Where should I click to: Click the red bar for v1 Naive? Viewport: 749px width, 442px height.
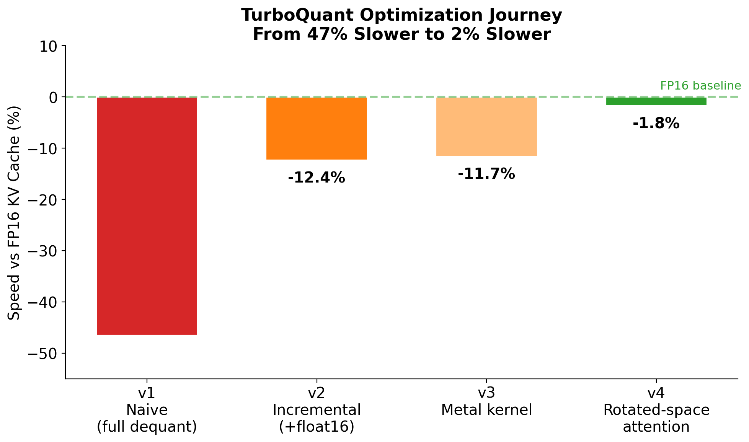pos(147,216)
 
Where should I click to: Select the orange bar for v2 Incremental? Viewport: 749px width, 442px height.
pos(317,129)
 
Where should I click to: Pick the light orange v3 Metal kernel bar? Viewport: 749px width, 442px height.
pos(486,127)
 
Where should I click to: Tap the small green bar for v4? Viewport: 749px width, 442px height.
pos(656,101)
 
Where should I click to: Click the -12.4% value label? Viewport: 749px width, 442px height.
pos(317,178)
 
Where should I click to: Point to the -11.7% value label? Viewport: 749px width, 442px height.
pos(486,174)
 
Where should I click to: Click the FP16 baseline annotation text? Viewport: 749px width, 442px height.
pos(700,86)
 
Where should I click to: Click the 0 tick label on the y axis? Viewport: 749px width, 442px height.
pos(54,97)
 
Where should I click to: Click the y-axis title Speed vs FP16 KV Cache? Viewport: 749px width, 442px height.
pos(14,213)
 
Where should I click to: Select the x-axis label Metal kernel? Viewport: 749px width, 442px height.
pos(486,410)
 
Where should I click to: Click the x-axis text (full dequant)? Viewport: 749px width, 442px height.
pos(147,427)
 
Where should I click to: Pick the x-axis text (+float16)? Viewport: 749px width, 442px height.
pos(317,427)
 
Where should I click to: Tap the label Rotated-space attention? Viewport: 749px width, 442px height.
pos(656,418)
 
